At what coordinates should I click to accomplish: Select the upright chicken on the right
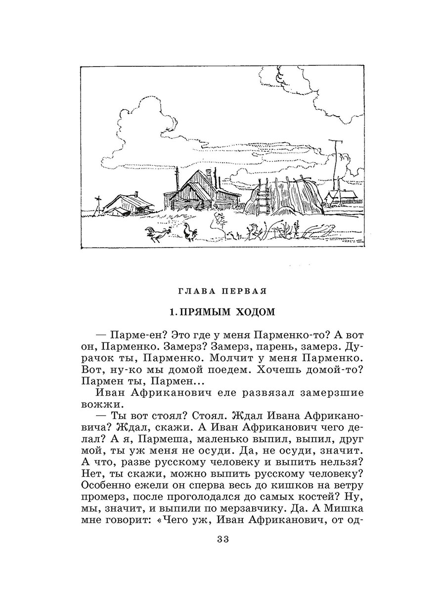point(188,232)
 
